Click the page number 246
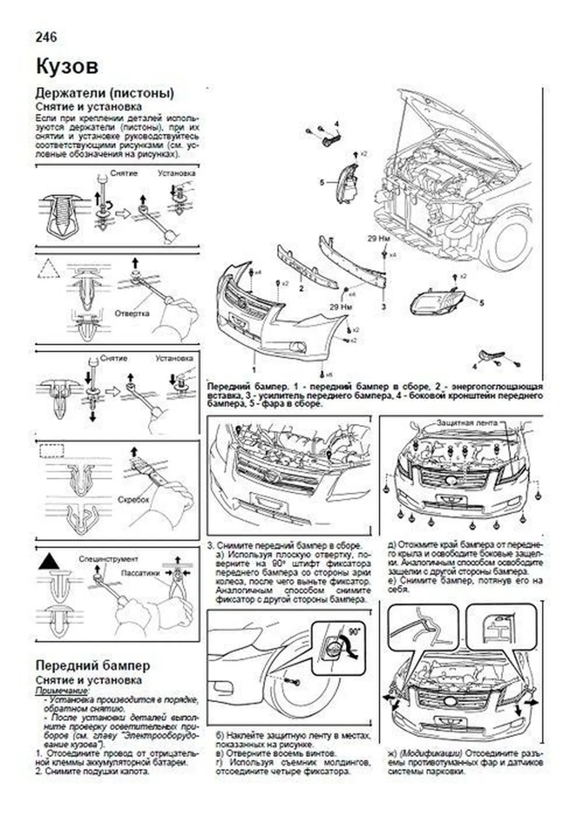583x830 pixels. pos(46,37)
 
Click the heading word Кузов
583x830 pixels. pos(67,67)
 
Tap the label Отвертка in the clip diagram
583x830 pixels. pos(132,313)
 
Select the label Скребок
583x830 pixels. pos(133,499)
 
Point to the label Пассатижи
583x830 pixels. pos(140,572)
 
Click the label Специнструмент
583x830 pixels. pos(108,559)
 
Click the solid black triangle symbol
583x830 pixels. pos(49,562)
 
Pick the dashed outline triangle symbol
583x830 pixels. pos(49,269)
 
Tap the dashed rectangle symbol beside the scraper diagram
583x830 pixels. pos(51,450)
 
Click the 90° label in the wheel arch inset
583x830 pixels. pos(356,632)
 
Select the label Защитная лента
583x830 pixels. pos(467,423)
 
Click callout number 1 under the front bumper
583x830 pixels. pos(254,369)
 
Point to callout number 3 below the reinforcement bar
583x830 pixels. pos(383,307)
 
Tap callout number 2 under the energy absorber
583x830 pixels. pos(301,288)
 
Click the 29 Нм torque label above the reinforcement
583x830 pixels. pos(379,239)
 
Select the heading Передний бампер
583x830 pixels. pos(93,665)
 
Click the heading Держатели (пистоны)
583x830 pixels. pos(104,93)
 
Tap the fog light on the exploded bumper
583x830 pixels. pos(297,346)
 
